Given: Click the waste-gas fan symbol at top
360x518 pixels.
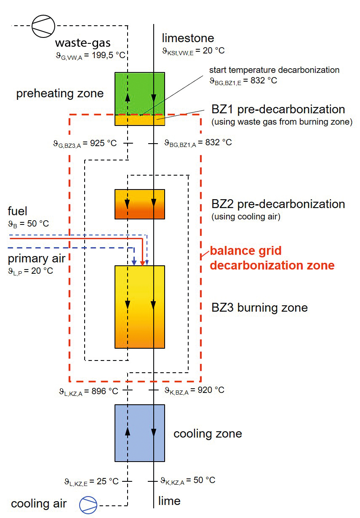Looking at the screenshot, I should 43,26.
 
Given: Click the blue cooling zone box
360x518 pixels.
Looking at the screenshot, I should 140,433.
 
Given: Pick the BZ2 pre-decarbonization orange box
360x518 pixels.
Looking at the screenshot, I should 140,204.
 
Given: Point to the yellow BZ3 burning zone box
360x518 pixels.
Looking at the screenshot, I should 140,307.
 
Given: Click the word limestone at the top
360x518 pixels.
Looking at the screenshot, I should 188,38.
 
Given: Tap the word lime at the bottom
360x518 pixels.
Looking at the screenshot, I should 169,501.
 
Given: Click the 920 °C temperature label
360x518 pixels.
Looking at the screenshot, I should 211,390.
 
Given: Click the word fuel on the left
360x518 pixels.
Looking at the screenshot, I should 18,211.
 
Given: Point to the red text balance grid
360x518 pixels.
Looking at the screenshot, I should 245,251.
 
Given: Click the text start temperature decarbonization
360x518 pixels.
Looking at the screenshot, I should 274,70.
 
